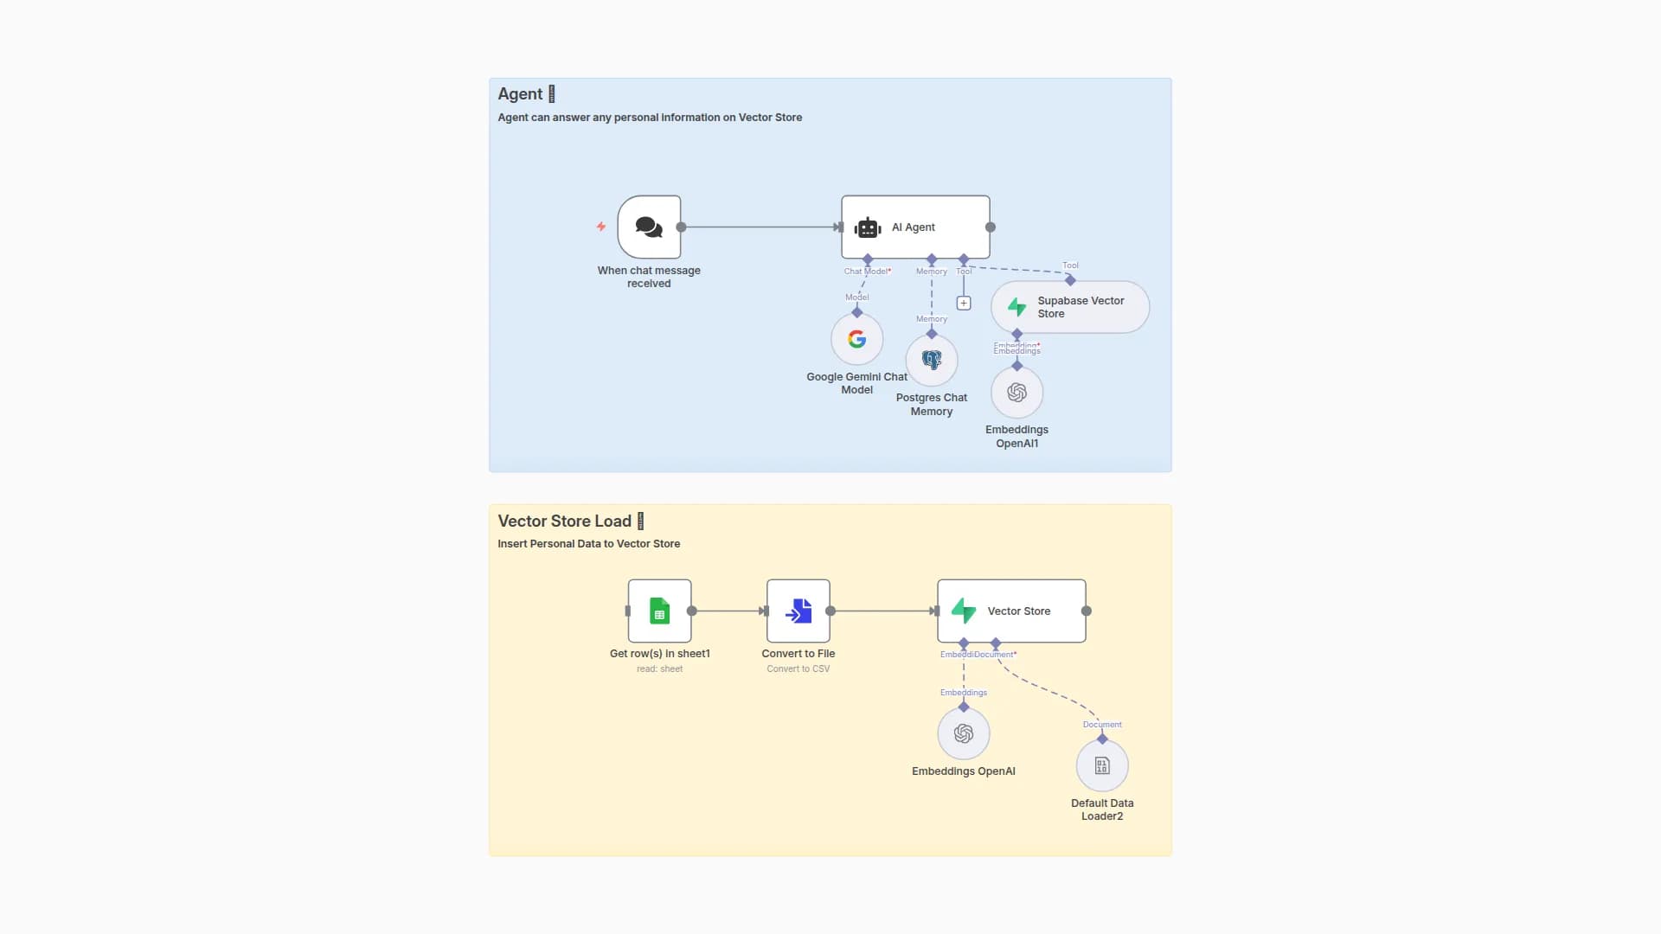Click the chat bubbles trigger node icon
click(649, 227)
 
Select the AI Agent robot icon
click(868, 227)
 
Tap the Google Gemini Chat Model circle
click(856, 339)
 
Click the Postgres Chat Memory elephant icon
click(932, 360)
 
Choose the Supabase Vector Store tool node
click(1070, 307)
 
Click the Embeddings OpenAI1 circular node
click(1016, 393)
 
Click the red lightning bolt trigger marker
click(601, 227)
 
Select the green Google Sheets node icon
click(659, 611)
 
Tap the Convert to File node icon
click(798, 611)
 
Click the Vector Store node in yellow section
click(1011, 611)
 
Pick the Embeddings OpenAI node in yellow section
click(964, 733)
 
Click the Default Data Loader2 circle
click(1102, 765)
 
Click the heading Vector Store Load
click(564, 521)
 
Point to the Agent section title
click(520, 94)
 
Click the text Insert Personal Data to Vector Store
click(588, 544)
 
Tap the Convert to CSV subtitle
click(798, 669)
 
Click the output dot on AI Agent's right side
click(991, 227)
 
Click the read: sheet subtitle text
click(659, 669)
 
